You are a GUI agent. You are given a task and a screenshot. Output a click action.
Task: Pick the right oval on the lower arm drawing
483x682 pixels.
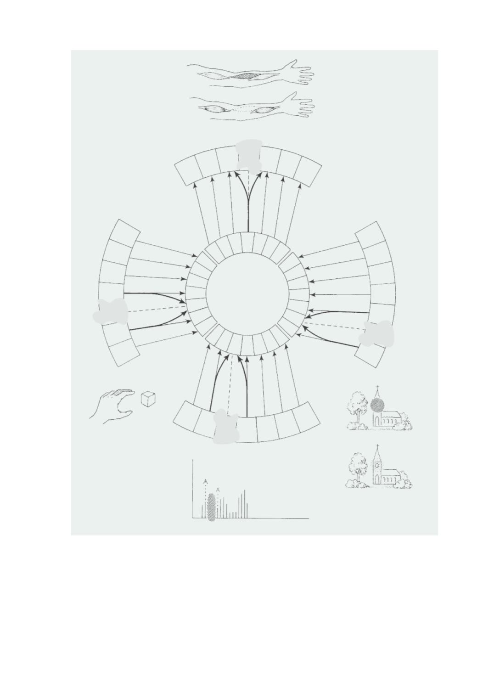tap(262, 110)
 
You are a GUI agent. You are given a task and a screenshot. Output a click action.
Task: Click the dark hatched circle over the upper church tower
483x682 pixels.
tap(378, 405)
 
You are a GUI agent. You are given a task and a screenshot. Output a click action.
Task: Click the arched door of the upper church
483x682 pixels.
tap(377, 422)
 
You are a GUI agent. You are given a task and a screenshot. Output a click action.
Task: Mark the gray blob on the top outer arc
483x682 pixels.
tap(249, 155)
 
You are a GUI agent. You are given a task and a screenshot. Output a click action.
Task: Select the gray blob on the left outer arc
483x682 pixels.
tap(111, 311)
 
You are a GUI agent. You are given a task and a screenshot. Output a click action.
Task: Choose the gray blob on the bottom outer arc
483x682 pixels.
tap(225, 426)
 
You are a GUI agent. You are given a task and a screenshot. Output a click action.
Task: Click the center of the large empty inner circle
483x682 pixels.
tap(247, 294)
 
